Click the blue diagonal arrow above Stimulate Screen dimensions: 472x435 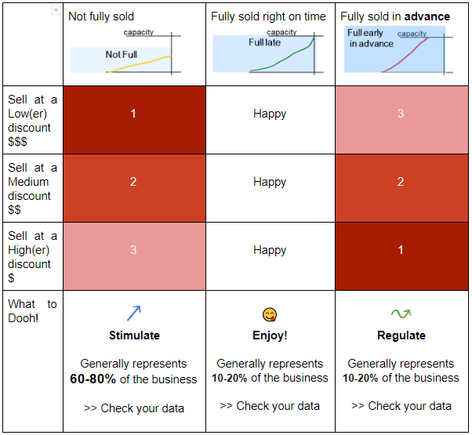tap(134, 314)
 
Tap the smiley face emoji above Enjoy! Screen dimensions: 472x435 tap(270, 314)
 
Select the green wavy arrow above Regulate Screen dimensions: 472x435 tap(401, 314)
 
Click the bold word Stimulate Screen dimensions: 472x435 tap(134, 335)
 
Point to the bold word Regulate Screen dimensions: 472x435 tap(401, 335)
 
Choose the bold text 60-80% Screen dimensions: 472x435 tap(93, 379)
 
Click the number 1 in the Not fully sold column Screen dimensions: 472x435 tap(133, 114)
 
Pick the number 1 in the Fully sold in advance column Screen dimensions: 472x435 tap(401, 250)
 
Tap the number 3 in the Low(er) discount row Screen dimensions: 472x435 tap(401, 114)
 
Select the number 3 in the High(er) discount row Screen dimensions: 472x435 tap(133, 250)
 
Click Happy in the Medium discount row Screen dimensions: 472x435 tap(270, 182)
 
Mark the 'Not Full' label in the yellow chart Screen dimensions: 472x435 tap(122, 54)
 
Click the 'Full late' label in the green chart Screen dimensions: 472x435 tap(264, 42)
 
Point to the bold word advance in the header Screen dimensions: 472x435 tap(427, 16)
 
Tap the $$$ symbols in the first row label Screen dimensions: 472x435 tap(17, 141)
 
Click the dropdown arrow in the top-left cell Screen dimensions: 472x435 tap(56, 10)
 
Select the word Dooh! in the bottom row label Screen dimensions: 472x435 tap(24, 318)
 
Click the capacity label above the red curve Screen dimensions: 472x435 tap(412, 34)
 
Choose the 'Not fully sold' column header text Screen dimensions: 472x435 tap(101, 16)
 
